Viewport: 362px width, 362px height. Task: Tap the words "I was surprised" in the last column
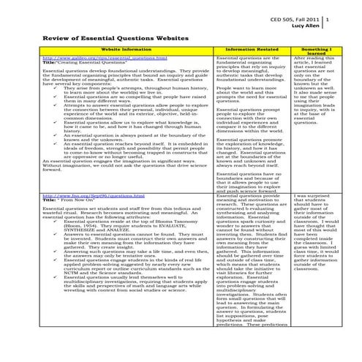click(x=314, y=196)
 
